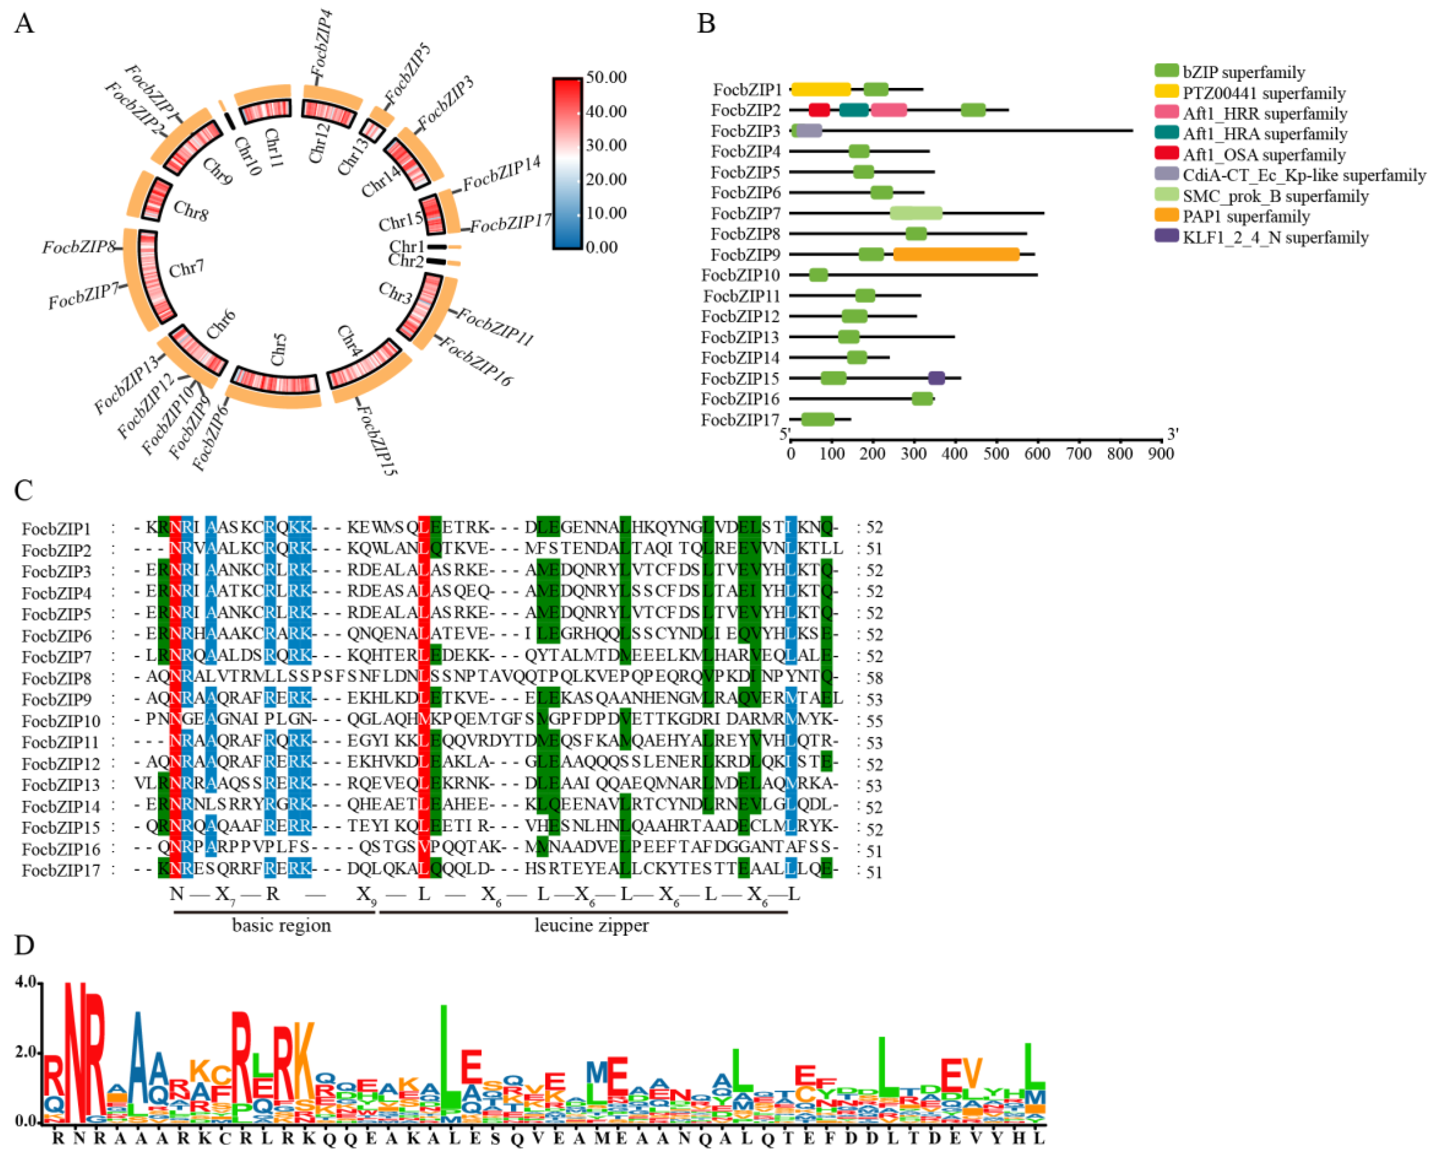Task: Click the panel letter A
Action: pyautogui.click(x=24, y=24)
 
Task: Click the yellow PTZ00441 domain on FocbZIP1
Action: pyautogui.click(x=821, y=89)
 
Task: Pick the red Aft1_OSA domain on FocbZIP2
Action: pyautogui.click(x=819, y=110)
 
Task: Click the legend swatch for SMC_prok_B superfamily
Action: pyautogui.click(x=1166, y=196)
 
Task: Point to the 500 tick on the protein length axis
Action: pyautogui.click(x=996, y=454)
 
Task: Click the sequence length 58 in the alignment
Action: pyautogui.click(x=874, y=678)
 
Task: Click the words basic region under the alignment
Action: pyautogui.click(x=281, y=925)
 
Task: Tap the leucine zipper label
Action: pyautogui.click(x=591, y=925)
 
